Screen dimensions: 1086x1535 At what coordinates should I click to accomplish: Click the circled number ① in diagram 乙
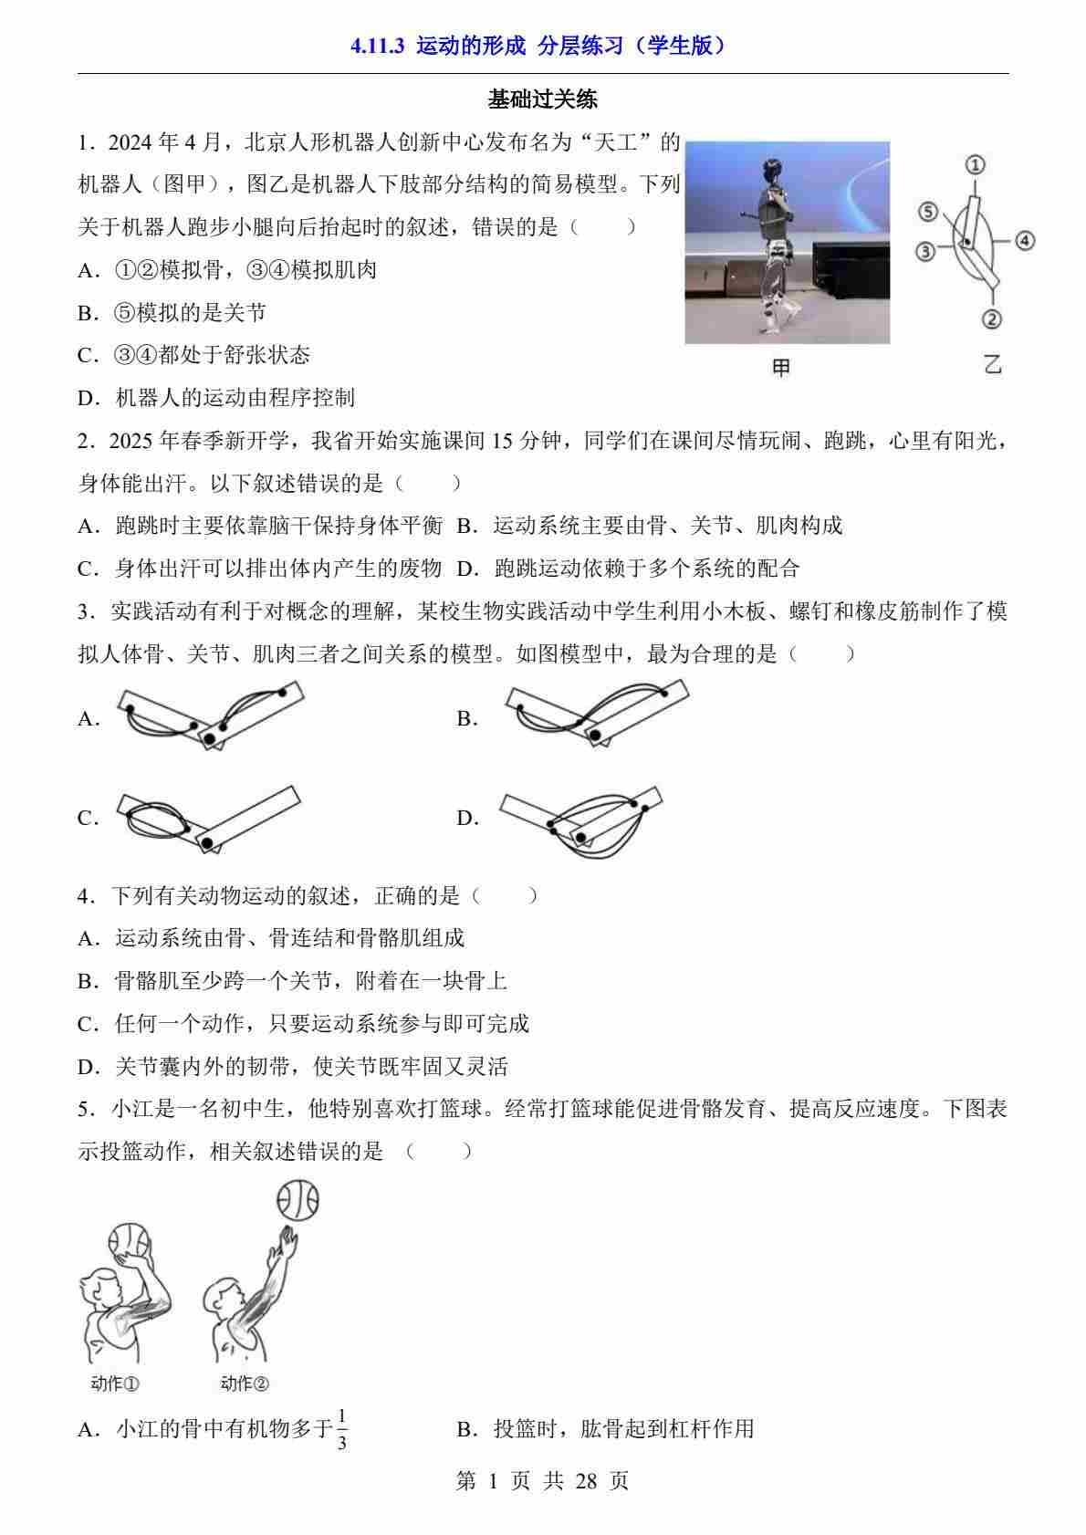(x=975, y=164)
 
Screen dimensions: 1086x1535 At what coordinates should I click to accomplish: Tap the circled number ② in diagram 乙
(x=991, y=318)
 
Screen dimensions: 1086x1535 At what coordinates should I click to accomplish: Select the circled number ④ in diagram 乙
(x=1024, y=241)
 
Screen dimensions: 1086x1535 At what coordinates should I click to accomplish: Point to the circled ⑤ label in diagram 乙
(x=928, y=211)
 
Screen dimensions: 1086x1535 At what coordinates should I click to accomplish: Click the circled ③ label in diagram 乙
(x=925, y=252)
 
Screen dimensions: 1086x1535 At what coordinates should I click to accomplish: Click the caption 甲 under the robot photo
(x=781, y=367)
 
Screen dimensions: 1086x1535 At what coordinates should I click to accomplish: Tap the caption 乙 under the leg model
(x=993, y=364)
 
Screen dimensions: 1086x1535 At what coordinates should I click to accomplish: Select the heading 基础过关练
(x=542, y=99)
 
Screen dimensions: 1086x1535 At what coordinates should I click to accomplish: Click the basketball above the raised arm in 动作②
(x=298, y=1200)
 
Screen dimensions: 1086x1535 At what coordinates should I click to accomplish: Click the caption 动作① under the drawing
(x=114, y=1384)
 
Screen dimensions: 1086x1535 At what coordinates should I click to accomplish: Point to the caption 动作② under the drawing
(x=245, y=1384)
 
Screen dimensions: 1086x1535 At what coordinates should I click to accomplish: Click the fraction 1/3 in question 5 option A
(x=342, y=1429)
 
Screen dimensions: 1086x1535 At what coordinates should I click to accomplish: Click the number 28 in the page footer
(x=586, y=1481)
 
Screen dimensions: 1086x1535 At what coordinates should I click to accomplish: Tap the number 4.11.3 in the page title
(x=378, y=46)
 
